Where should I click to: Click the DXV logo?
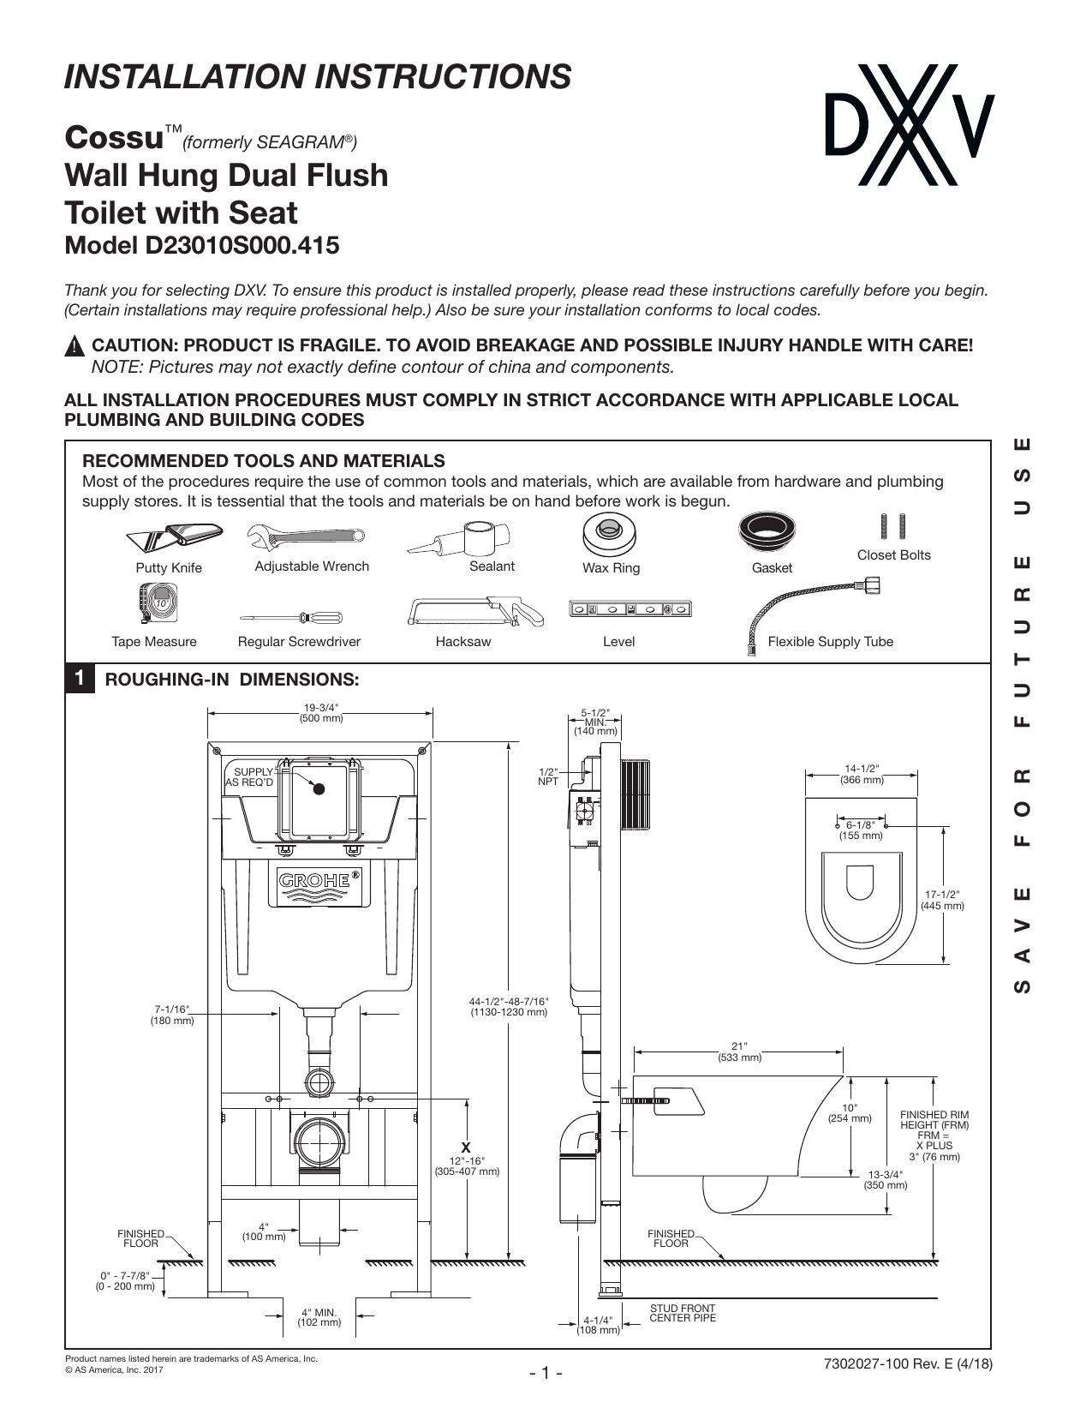(910, 124)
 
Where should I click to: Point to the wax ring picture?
(610, 534)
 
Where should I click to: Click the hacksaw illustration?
(475, 612)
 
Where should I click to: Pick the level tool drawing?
(630, 609)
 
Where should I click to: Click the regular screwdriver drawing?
(290, 617)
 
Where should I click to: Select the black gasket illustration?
(767, 531)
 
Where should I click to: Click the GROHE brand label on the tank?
(319, 881)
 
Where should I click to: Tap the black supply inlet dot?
(319, 788)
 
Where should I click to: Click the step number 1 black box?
(80, 679)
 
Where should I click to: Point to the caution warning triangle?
(75, 345)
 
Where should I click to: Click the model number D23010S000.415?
(238, 246)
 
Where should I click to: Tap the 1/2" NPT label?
(548, 776)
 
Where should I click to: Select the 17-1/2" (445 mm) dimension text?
(942, 900)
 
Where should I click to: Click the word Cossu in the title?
(114, 137)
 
